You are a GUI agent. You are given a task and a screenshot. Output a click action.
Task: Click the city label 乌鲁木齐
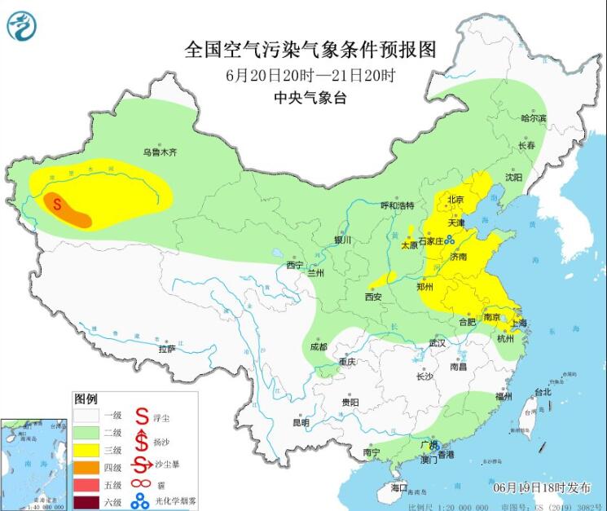point(160,152)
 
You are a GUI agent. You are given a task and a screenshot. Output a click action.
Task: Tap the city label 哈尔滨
point(534,118)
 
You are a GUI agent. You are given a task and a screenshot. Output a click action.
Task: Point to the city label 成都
point(318,346)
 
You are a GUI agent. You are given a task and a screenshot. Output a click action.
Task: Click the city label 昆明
point(301,422)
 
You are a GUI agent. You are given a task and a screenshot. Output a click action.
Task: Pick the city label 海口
point(398,487)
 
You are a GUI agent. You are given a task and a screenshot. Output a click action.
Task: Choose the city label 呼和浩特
point(398,205)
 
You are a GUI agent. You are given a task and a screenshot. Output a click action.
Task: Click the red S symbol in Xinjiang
point(57,204)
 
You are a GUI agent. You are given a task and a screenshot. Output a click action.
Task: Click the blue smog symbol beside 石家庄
point(449,239)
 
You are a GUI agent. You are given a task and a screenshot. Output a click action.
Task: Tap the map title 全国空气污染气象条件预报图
point(310,50)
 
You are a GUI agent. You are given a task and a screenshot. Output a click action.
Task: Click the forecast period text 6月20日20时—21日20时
point(310,75)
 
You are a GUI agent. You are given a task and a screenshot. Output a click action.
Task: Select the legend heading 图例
point(86,400)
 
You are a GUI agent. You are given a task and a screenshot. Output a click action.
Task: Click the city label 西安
point(373,297)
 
